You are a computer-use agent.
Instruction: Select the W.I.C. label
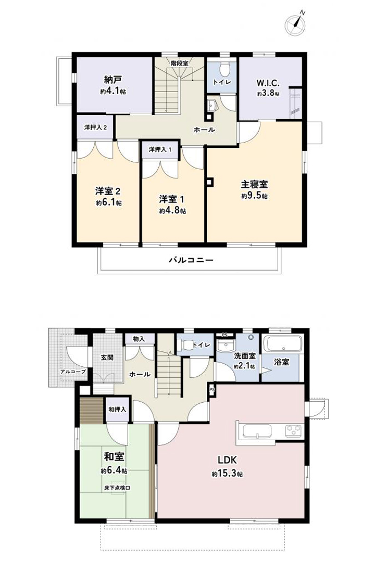pyautogui.click(x=268, y=83)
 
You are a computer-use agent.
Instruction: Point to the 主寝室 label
pyautogui.click(x=254, y=184)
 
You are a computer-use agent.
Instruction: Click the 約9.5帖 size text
pyautogui.click(x=254, y=196)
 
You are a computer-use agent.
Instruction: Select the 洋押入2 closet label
pyautogui.click(x=95, y=127)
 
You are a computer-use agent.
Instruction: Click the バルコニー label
pyautogui.click(x=191, y=260)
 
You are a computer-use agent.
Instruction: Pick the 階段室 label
pyautogui.click(x=179, y=63)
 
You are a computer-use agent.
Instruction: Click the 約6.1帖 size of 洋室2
pyautogui.click(x=109, y=203)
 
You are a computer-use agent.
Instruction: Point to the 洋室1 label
pyautogui.click(x=172, y=199)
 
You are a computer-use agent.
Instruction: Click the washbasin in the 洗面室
pyautogui.click(x=225, y=345)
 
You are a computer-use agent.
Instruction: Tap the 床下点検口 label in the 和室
pyautogui.click(x=117, y=488)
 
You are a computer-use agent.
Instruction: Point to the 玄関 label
pyautogui.click(x=107, y=357)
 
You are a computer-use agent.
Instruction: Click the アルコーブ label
pyautogui.click(x=73, y=372)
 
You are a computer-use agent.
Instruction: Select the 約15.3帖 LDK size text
pyautogui.click(x=227, y=474)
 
